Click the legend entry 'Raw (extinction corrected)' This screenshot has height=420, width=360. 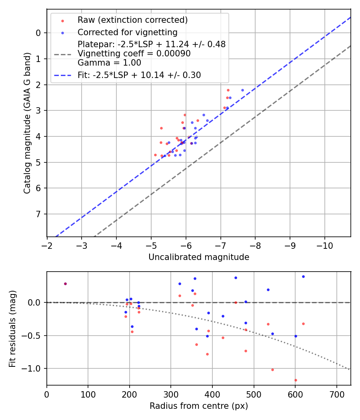tap(132, 20)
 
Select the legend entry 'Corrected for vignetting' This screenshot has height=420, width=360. tap(128, 32)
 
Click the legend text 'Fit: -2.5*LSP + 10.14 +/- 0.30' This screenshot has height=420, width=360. tap(139, 75)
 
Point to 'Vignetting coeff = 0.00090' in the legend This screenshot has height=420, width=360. tap(134, 54)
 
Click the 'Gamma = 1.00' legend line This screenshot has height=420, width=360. tap(109, 63)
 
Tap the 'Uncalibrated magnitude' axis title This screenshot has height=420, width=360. tap(199, 257)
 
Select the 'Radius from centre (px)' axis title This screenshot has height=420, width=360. tap(199, 406)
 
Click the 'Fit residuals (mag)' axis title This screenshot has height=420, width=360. tap(13, 328)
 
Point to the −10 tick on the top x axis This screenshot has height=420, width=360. tap(324, 245)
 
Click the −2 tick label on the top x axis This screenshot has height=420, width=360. tap(47, 245)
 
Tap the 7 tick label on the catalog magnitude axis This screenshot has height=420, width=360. tap(38, 214)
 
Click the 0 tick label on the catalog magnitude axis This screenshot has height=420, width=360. tap(38, 33)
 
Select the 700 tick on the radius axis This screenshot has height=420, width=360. tap(336, 394)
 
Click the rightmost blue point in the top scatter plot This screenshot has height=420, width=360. tap(242, 90)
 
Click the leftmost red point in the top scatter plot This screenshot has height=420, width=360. tap(155, 155)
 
